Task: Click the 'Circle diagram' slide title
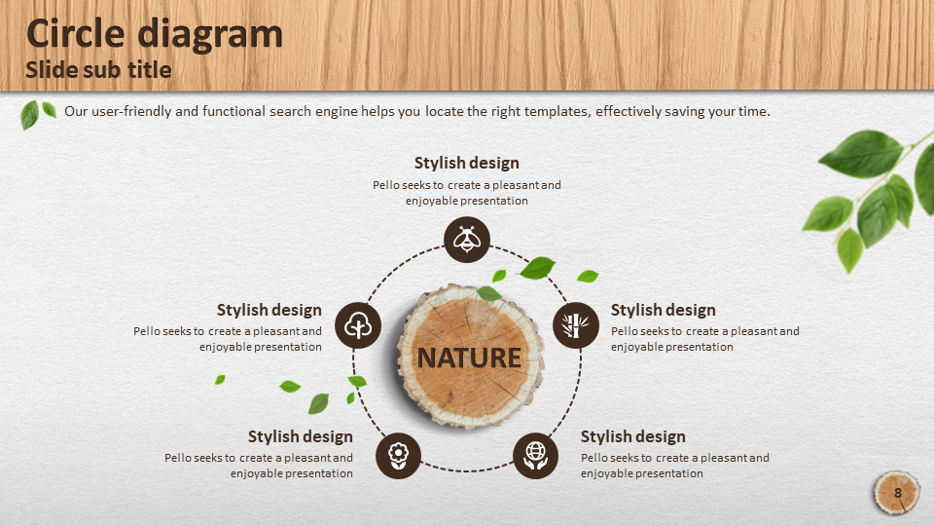click(155, 34)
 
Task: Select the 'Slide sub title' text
click(98, 70)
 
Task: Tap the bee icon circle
click(467, 240)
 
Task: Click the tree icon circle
click(358, 325)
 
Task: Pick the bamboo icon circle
click(576, 325)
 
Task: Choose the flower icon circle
click(399, 456)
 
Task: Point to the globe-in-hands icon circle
click(535, 456)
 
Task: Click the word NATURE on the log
click(469, 357)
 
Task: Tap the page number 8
click(898, 493)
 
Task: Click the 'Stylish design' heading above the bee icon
click(466, 163)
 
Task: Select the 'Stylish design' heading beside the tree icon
click(269, 310)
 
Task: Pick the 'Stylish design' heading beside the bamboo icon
click(663, 310)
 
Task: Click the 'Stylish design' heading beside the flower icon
click(301, 436)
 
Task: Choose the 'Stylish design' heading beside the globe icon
click(632, 436)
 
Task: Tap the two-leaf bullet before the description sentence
click(38, 114)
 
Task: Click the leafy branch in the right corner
click(870, 197)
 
